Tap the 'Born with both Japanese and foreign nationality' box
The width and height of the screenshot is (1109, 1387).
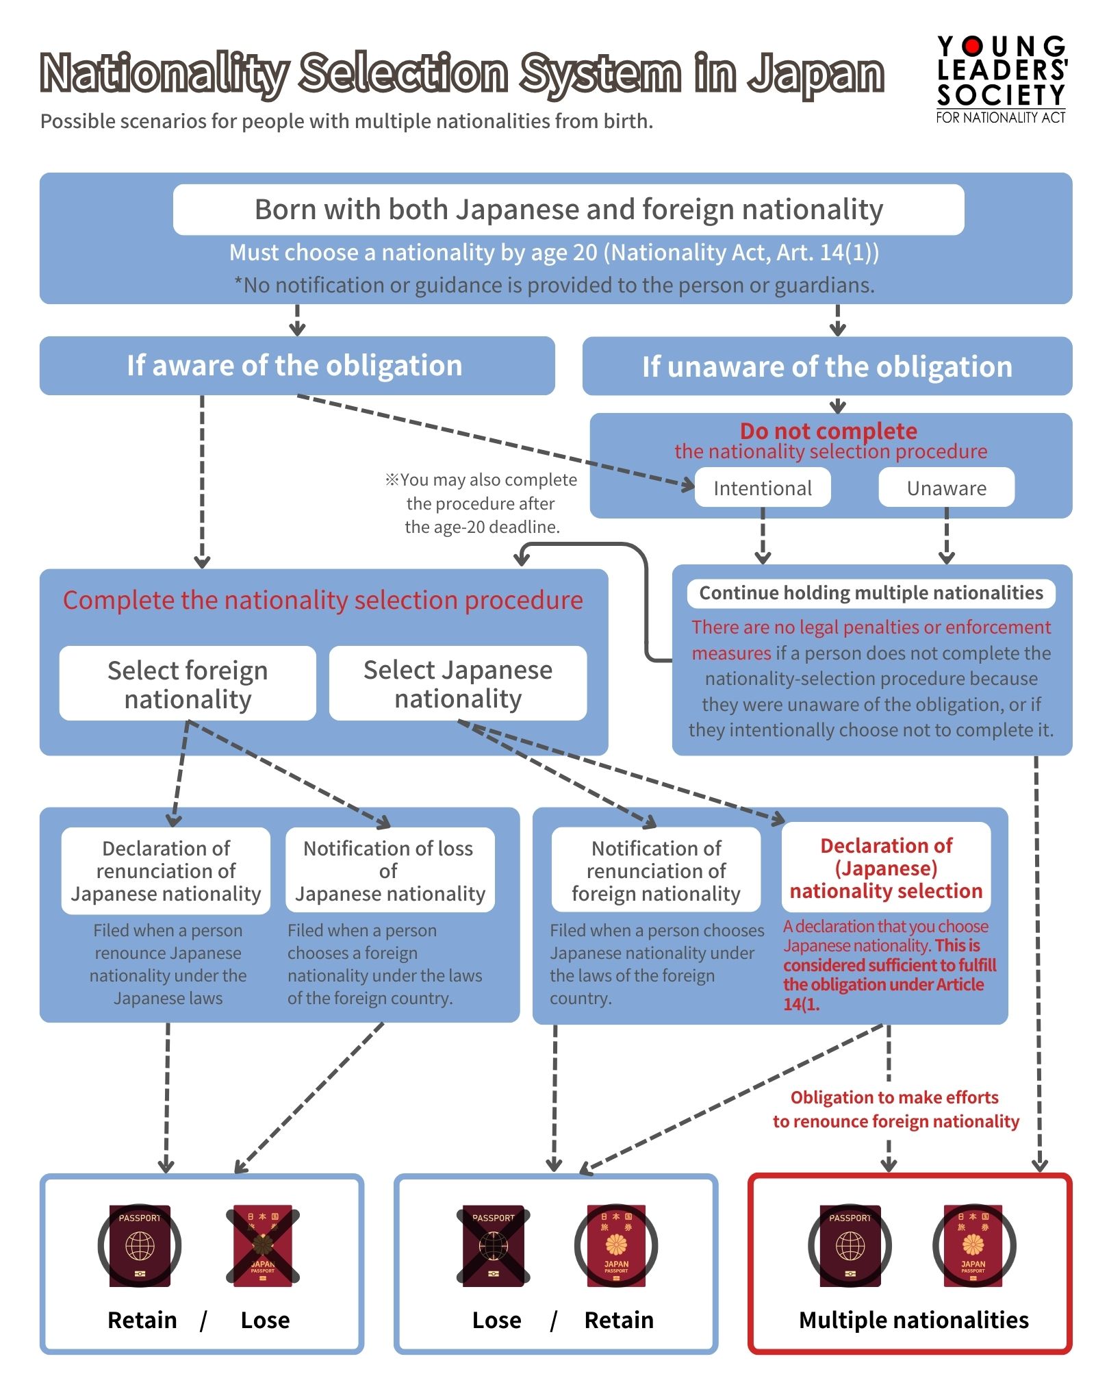click(568, 210)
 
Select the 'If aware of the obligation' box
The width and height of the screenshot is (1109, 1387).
click(296, 366)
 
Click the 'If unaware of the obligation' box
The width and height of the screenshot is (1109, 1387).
click(827, 366)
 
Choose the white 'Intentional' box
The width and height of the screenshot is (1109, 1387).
click(763, 488)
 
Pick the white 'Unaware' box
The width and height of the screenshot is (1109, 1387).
click(946, 488)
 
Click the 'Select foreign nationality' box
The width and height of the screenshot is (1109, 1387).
click(188, 684)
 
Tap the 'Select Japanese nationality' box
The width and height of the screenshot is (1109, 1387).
click(457, 684)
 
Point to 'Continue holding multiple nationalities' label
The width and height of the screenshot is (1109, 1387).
click(871, 593)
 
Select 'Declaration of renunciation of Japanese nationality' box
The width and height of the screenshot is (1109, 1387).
click(166, 871)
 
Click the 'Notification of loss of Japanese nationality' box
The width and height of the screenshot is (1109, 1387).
click(390, 871)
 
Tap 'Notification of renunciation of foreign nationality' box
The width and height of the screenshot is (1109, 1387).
click(656, 871)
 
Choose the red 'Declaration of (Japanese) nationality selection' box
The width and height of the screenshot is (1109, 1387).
click(886, 868)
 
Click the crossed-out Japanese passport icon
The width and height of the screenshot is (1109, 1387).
click(263, 1245)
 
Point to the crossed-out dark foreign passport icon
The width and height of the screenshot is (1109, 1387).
click(493, 1245)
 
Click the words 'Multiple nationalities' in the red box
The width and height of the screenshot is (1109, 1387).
click(913, 1320)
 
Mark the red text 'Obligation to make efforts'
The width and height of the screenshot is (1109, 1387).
click(894, 1097)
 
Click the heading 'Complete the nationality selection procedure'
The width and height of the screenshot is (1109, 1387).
click(323, 600)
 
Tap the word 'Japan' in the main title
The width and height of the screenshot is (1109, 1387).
click(816, 74)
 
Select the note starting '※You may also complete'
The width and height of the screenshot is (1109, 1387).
click(482, 503)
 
